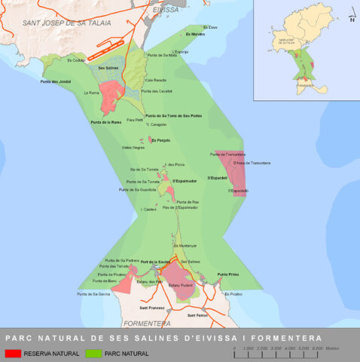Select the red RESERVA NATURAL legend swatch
[13, 352]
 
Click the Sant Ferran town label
[197, 314]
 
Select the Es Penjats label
[160, 140]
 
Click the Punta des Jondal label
[55, 81]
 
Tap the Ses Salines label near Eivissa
[109, 68]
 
